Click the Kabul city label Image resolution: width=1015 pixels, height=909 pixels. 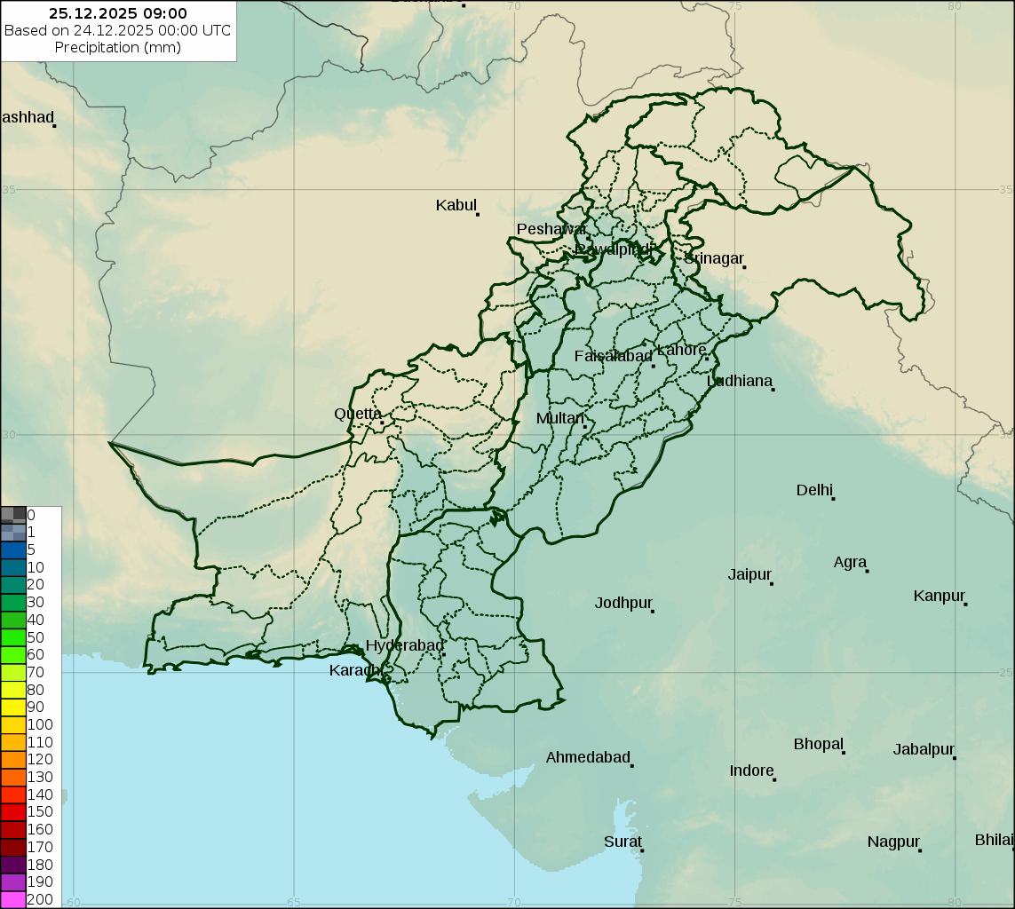click(x=456, y=205)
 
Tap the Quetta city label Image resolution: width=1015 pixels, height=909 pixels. click(x=358, y=414)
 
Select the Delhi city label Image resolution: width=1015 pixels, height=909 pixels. click(x=814, y=490)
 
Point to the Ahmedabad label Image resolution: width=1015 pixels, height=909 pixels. click(x=587, y=757)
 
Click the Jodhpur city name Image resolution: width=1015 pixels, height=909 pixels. click(x=623, y=603)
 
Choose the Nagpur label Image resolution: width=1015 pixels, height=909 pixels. click(x=893, y=842)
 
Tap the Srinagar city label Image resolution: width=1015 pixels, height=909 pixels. click(x=713, y=258)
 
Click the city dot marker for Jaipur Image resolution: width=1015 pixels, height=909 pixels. click(x=772, y=583)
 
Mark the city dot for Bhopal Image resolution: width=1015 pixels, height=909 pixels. click(x=844, y=753)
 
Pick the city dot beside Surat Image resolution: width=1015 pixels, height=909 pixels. click(x=642, y=850)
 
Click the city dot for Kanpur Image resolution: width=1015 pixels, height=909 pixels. click(x=965, y=604)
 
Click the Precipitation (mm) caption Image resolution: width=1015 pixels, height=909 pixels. click(x=118, y=47)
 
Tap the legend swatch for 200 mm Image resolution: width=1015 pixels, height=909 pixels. click(x=13, y=899)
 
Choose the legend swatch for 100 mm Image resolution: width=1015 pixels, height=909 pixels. click(x=13, y=724)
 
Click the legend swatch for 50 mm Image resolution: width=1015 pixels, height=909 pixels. click(x=13, y=637)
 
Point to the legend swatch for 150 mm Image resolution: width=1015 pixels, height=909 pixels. click(x=13, y=811)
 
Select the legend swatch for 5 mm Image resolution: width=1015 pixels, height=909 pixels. click(x=13, y=549)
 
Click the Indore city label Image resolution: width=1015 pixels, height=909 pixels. click(x=751, y=771)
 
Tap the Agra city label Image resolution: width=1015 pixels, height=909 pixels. click(x=850, y=562)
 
